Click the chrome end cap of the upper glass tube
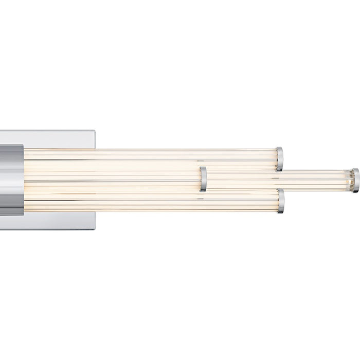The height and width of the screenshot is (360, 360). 279,158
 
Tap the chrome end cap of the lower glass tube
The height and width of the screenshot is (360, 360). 281,201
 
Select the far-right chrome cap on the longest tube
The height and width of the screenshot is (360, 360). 355,180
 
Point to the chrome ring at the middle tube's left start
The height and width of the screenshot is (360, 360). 203,179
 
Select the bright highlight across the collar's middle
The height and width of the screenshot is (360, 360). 11,175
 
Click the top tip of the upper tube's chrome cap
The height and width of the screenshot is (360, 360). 279,148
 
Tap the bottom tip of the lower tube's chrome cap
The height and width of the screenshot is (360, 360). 281,212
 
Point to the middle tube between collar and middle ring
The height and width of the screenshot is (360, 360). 113,179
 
